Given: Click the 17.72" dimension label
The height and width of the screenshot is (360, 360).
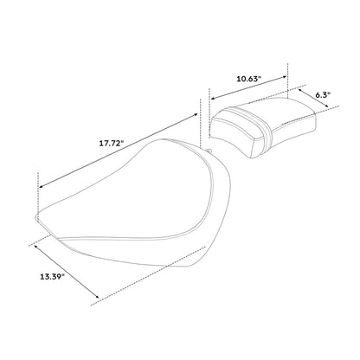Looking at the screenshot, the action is (112, 144).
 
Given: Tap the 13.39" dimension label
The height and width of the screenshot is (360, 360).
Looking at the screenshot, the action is (52, 277).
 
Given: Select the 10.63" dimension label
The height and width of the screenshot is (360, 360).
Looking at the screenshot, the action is (249, 79).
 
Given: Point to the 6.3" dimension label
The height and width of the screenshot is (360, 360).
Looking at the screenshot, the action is (323, 95).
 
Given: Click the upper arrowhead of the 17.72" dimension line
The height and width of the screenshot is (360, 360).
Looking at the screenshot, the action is (196, 114).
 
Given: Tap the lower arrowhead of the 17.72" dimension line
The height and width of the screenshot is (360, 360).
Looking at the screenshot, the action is (41, 186).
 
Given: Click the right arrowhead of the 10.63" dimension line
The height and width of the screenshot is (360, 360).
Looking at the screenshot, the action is (286, 77).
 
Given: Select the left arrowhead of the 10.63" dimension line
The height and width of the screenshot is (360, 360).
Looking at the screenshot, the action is (212, 98).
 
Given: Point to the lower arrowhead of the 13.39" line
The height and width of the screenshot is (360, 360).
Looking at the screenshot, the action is (97, 296).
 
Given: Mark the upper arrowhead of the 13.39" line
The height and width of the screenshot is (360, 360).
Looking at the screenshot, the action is (36, 247).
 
